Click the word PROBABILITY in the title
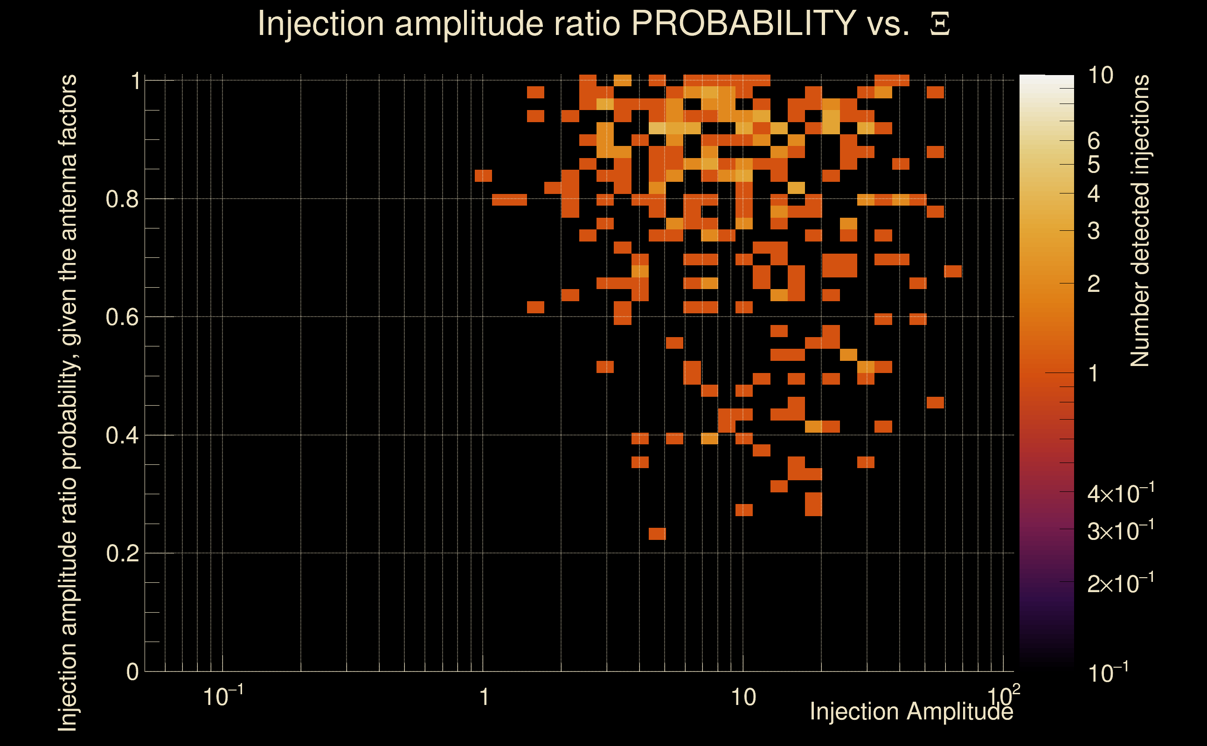[x=743, y=23]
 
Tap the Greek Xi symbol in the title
[x=940, y=24]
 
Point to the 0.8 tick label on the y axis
[x=122, y=200]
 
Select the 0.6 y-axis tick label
[x=122, y=317]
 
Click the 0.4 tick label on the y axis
[x=122, y=435]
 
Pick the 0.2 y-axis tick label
[x=122, y=553]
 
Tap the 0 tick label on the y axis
[x=132, y=672]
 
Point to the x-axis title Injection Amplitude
[x=911, y=711]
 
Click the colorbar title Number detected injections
[x=1140, y=221]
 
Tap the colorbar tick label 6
[x=1094, y=141]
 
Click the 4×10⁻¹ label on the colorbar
[x=1120, y=493]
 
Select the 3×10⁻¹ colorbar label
[x=1120, y=531]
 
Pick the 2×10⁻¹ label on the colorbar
[x=1120, y=583]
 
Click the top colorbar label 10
[x=1100, y=76]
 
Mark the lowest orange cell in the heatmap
[x=657, y=534]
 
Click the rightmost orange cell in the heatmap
[x=953, y=271]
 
